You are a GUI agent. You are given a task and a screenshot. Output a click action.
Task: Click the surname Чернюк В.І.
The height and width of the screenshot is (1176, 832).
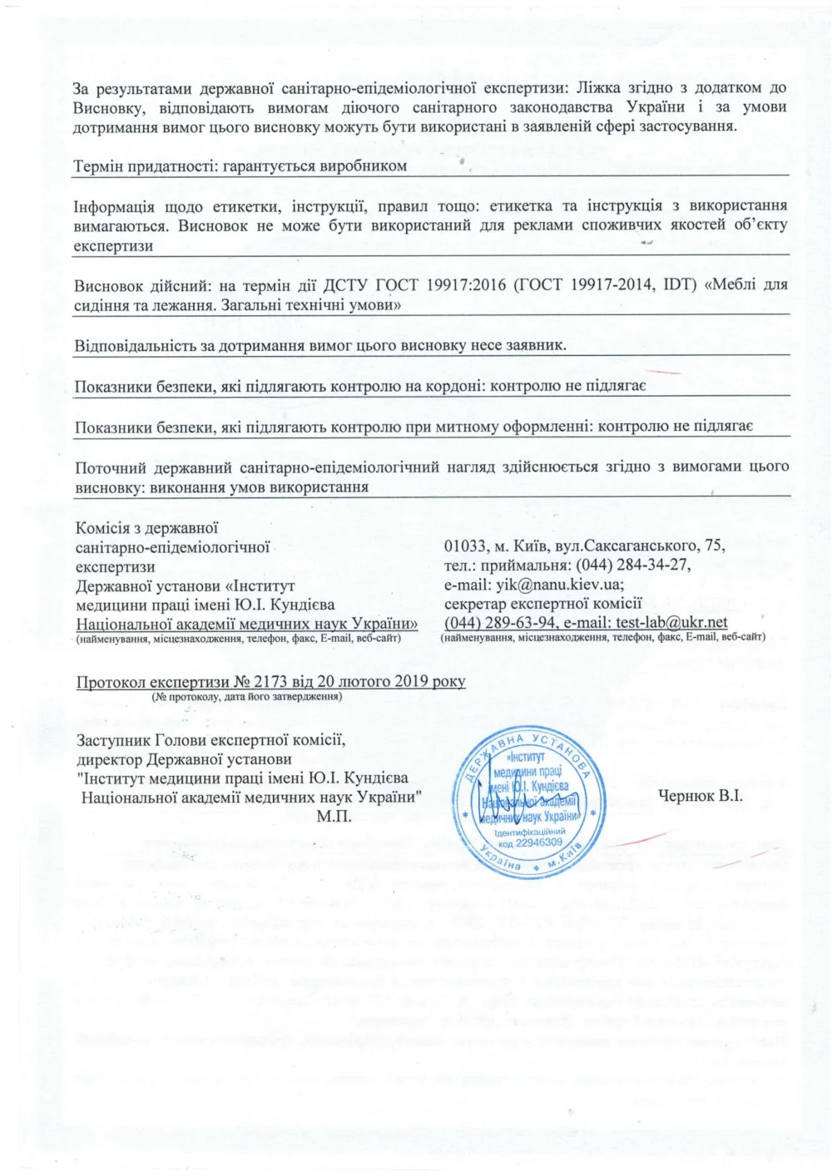(700, 797)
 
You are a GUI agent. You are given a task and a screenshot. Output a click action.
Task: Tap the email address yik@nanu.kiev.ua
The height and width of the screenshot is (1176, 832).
(558, 585)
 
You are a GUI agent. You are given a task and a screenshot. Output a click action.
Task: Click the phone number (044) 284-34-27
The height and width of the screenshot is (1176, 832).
(632, 566)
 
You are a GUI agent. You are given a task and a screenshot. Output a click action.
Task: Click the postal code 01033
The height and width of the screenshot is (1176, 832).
(465, 546)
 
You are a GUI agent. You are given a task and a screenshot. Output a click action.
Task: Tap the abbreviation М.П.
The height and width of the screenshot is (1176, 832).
(334, 817)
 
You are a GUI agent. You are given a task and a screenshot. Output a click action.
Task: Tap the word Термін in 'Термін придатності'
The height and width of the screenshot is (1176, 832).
(98, 166)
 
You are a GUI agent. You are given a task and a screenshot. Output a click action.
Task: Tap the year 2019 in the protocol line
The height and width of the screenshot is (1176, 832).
(411, 682)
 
